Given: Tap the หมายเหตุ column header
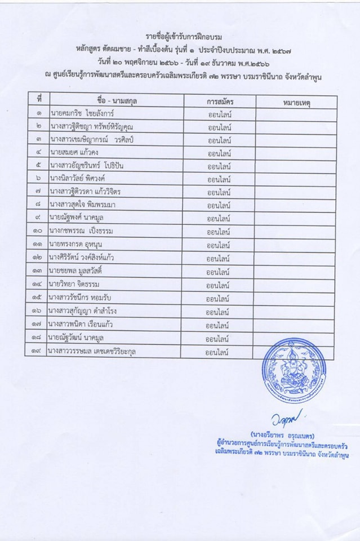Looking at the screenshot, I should pyautogui.click(x=296, y=103).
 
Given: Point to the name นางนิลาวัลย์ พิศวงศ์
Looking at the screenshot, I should pyautogui.click(x=84, y=179).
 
